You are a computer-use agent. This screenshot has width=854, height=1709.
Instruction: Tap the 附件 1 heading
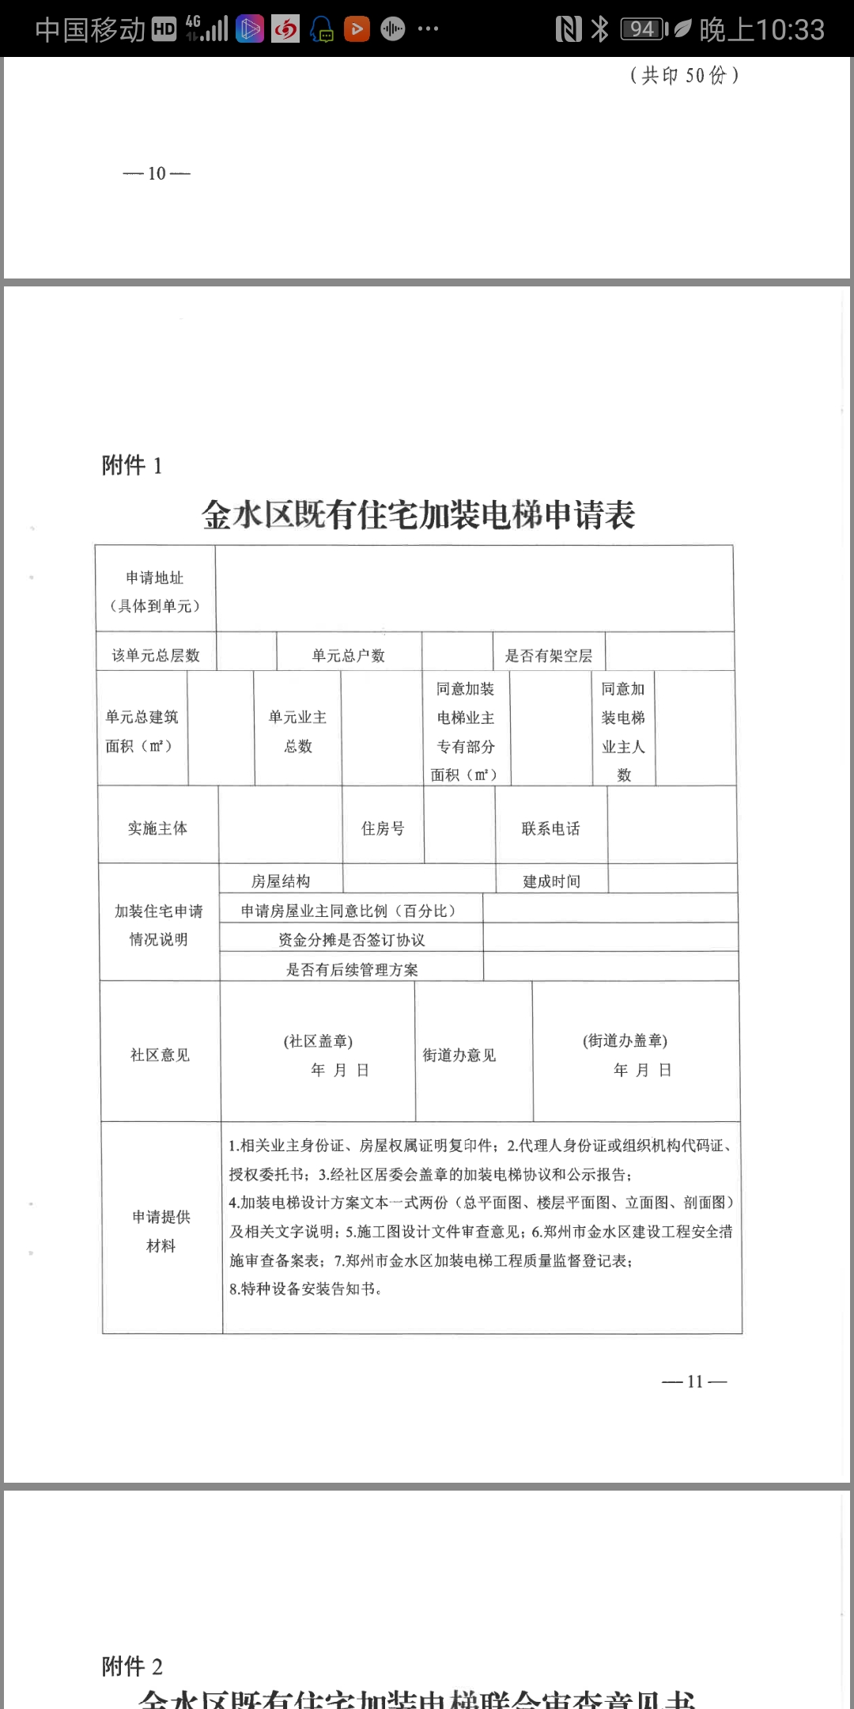point(132,465)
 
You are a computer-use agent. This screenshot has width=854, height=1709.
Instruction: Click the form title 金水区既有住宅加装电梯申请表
point(418,515)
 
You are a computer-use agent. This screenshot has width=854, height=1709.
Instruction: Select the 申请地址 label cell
point(155,591)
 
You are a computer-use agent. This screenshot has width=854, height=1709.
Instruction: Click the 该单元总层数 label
point(156,655)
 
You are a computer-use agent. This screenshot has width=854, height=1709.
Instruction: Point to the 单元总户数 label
point(348,655)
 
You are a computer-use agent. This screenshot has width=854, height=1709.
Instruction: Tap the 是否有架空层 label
point(549,655)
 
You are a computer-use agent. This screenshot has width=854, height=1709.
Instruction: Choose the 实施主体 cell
point(157,828)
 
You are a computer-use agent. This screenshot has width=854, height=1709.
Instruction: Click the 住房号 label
point(383,828)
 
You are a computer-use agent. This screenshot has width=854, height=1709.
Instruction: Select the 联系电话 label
point(551,828)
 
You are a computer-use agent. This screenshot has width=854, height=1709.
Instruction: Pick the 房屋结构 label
point(281,881)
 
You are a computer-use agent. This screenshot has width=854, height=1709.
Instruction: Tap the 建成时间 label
point(551,881)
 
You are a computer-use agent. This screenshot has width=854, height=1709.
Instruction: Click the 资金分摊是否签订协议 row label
point(351,940)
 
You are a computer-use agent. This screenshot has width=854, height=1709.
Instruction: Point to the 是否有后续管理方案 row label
point(351,969)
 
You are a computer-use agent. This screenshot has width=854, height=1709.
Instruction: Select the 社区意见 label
point(160,1055)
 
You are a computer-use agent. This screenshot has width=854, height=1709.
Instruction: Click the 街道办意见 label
point(459,1055)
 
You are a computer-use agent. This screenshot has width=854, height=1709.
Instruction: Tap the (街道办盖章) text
point(625,1040)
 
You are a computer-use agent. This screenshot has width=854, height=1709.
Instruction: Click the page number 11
point(694,1381)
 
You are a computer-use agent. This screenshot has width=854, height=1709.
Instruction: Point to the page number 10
point(157,173)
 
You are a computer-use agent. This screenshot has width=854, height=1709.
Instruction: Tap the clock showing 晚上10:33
point(761,30)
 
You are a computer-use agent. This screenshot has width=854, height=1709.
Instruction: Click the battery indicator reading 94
point(643,30)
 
